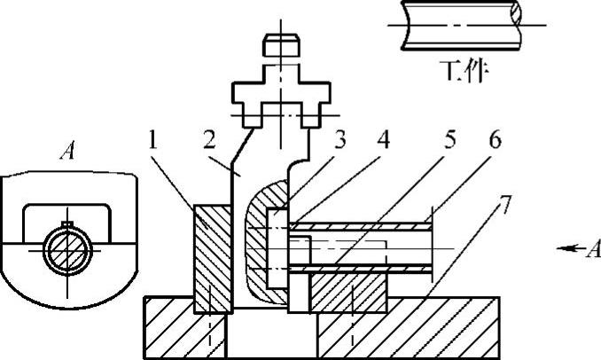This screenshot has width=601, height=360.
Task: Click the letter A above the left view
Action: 66,152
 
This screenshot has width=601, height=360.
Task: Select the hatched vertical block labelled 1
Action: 210,257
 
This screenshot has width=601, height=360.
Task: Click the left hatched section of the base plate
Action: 168,328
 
